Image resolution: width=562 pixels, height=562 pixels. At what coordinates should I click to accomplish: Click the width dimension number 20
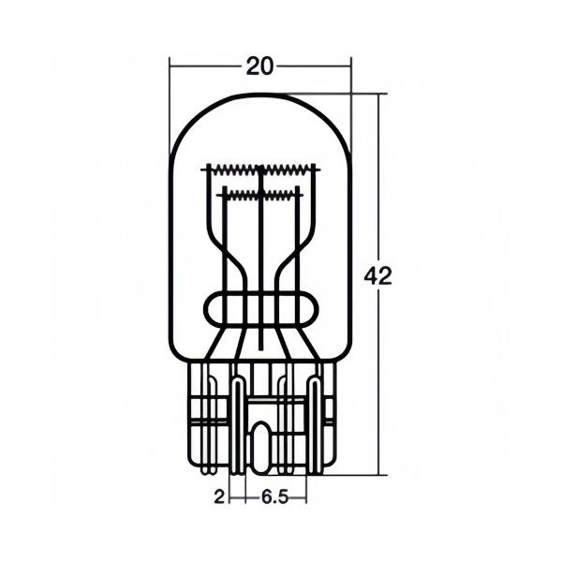pyautogui.click(x=259, y=67)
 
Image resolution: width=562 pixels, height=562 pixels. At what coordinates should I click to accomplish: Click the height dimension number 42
pyautogui.click(x=378, y=276)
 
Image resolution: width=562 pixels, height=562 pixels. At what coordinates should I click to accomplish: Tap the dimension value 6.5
pyautogui.click(x=274, y=497)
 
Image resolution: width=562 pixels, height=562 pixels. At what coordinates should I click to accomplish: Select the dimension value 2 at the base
pyautogui.click(x=219, y=497)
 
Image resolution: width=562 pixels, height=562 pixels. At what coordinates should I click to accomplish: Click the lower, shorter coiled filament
pyautogui.click(x=261, y=195)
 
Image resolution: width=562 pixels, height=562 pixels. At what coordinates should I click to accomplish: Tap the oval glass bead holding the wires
pyautogui.click(x=261, y=309)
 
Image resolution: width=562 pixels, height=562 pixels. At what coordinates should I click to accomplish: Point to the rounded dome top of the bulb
pyautogui.click(x=260, y=94)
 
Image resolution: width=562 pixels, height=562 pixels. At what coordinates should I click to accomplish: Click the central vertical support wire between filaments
pyautogui.click(x=261, y=259)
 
